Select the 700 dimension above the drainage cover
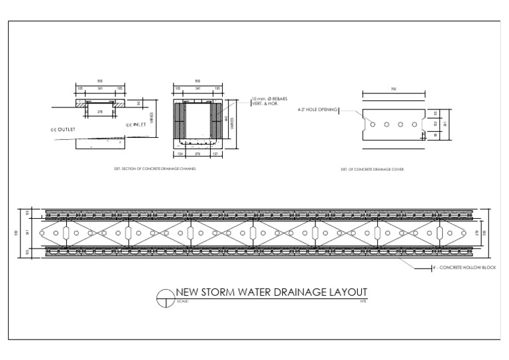(394, 89)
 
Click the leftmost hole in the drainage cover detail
(373, 124)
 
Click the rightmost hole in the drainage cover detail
(415, 124)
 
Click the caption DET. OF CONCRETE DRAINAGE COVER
(372, 170)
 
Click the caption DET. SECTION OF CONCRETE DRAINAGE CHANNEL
(155, 169)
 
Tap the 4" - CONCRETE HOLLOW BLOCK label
(464, 267)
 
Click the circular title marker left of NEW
(164, 299)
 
